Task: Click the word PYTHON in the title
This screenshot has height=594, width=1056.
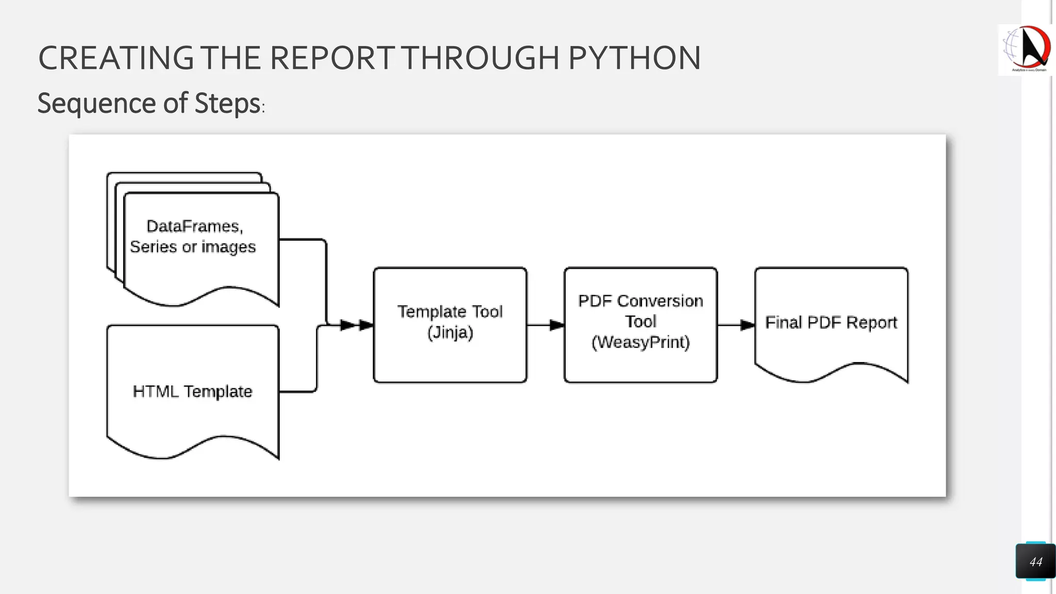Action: [634, 58]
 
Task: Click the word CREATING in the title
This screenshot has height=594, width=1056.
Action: [116, 58]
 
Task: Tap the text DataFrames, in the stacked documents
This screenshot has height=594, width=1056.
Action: [194, 226]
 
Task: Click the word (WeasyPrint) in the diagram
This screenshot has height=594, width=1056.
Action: [640, 342]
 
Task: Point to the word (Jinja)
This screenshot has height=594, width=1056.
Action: [450, 333]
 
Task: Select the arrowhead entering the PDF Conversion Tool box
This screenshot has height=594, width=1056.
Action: [557, 325]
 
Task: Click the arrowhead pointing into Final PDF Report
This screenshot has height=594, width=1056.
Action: [748, 325]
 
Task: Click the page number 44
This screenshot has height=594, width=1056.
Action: [1035, 562]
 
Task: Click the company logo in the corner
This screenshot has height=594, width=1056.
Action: [1026, 49]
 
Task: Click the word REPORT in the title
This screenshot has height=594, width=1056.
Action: [333, 58]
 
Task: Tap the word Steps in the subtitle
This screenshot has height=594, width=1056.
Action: [227, 103]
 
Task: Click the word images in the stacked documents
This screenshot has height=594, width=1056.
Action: [228, 247]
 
